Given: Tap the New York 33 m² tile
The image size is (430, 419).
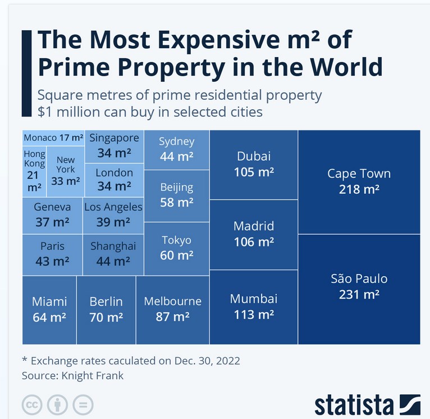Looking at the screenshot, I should point(66,171).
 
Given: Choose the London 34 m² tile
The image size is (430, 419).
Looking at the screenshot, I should point(114,179).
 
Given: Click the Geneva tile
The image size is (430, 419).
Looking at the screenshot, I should point(52,215).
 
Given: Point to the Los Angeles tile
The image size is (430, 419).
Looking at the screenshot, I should point(113,215).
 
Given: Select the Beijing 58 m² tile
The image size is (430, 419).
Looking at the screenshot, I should point(177,195).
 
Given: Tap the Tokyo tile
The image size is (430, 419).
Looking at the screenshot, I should point(177,248).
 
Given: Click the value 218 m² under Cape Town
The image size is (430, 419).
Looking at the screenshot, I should point(359,189).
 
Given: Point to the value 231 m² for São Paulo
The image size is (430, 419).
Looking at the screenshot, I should point(359,295).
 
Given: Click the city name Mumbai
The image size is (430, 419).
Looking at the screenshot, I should point(254,299).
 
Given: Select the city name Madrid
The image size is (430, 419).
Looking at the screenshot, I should point(254,226).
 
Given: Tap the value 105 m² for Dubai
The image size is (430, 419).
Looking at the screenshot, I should point(254,172).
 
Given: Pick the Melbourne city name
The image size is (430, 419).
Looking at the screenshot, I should point(172,301).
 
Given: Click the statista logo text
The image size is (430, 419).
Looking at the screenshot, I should point(354,404).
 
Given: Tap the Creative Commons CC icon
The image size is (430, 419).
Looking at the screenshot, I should point(33,404).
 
